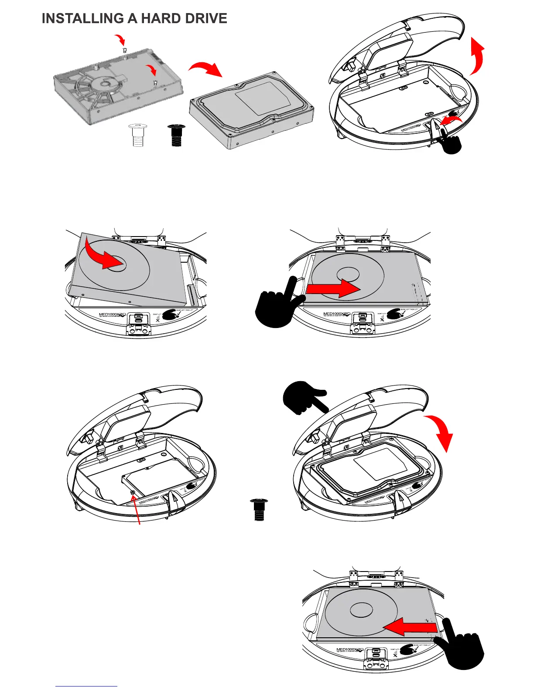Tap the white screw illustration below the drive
137,135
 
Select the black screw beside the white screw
177,135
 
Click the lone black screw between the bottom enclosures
259,510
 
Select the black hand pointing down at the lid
304,396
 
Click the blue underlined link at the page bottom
86,686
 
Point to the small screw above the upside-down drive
124,50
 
